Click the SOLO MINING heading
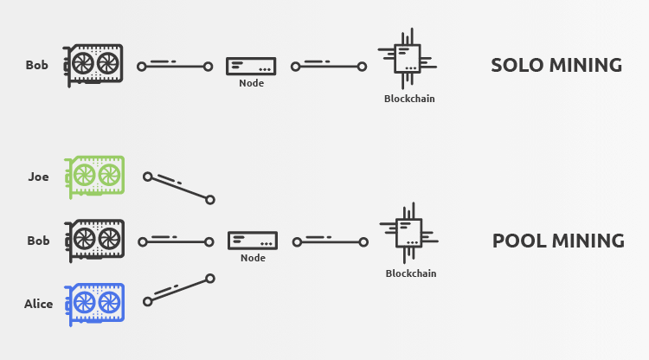(556, 66)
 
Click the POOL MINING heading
(558, 241)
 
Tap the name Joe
(38, 177)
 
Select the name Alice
(39, 304)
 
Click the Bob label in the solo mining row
(37, 65)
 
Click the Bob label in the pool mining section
(38, 241)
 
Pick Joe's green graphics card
(95, 176)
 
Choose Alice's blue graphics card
(95, 304)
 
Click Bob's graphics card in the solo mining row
(95, 64)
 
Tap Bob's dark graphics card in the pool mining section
(95, 240)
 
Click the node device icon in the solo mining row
(251, 65)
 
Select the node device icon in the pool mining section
(253, 240)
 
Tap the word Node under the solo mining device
(251, 84)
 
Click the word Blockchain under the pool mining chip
(411, 273)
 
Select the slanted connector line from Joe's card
(178, 188)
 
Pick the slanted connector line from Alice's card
(178, 290)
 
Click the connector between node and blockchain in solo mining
(330, 65)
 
